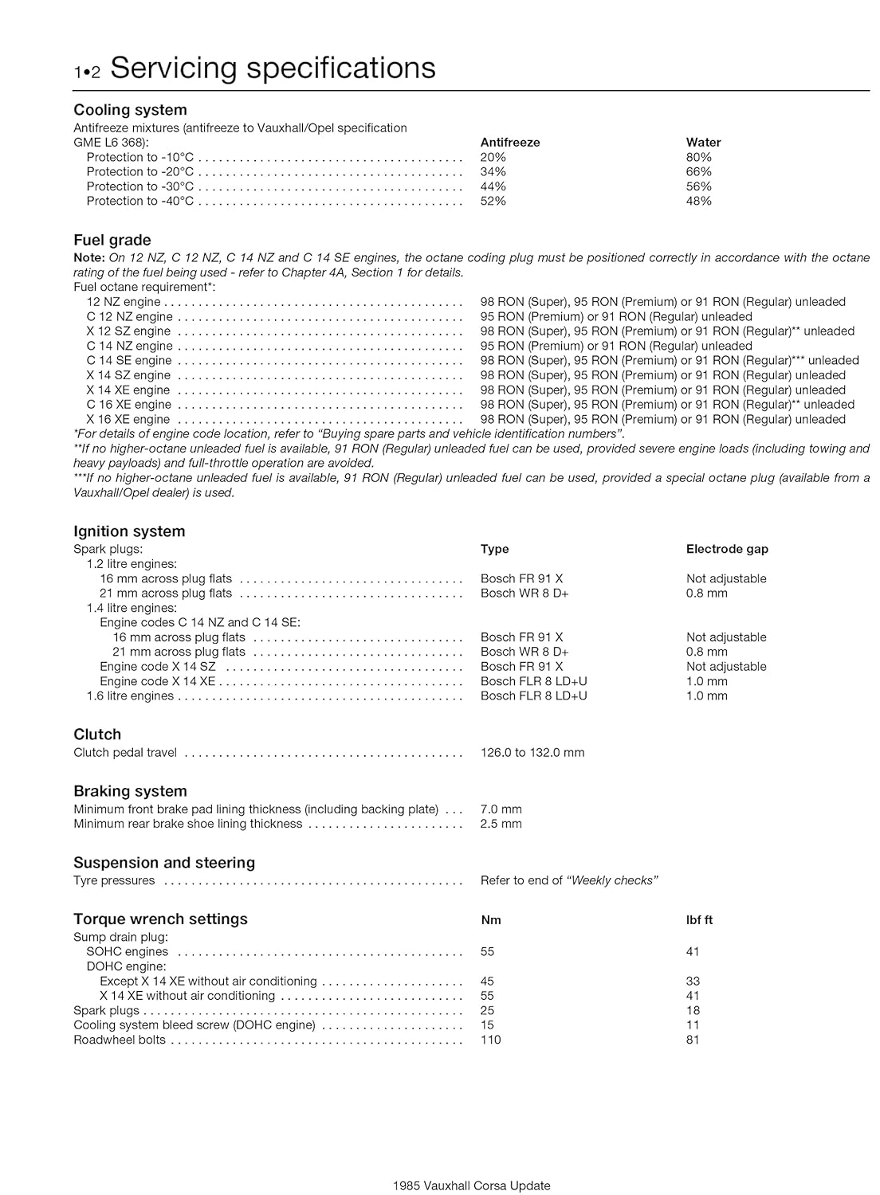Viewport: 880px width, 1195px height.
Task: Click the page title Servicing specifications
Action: (x=273, y=69)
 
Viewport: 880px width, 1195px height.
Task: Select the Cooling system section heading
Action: (x=130, y=110)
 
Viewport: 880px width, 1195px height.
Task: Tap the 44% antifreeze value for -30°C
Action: (x=493, y=186)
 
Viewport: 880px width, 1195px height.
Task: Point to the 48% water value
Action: (x=698, y=201)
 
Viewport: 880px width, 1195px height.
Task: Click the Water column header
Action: (x=703, y=143)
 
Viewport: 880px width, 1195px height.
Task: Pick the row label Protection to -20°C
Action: (x=139, y=171)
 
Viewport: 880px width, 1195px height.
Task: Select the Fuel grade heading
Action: (x=112, y=240)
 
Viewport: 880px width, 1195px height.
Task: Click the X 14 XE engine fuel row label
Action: (x=128, y=390)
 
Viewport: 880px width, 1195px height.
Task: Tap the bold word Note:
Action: (x=88, y=257)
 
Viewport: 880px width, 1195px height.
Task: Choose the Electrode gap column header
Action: (x=727, y=549)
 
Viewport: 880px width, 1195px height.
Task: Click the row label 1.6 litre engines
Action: (x=130, y=695)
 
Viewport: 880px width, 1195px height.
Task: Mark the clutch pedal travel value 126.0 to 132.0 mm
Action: (x=532, y=752)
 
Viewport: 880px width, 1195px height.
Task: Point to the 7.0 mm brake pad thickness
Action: (x=501, y=809)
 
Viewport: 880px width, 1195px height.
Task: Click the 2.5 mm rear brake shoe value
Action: (x=501, y=824)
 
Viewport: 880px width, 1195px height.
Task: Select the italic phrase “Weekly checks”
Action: (x=611, y=880)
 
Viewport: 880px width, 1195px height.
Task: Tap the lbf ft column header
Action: (x=699, y=920)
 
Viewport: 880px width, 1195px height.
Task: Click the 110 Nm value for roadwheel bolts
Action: (x=490, y=1040)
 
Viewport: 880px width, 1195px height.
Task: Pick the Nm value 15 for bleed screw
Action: (x=487, y=1025)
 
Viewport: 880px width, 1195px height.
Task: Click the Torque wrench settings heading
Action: (x=160, y=919)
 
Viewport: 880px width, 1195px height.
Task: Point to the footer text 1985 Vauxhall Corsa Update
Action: (x=471, y=1185)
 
